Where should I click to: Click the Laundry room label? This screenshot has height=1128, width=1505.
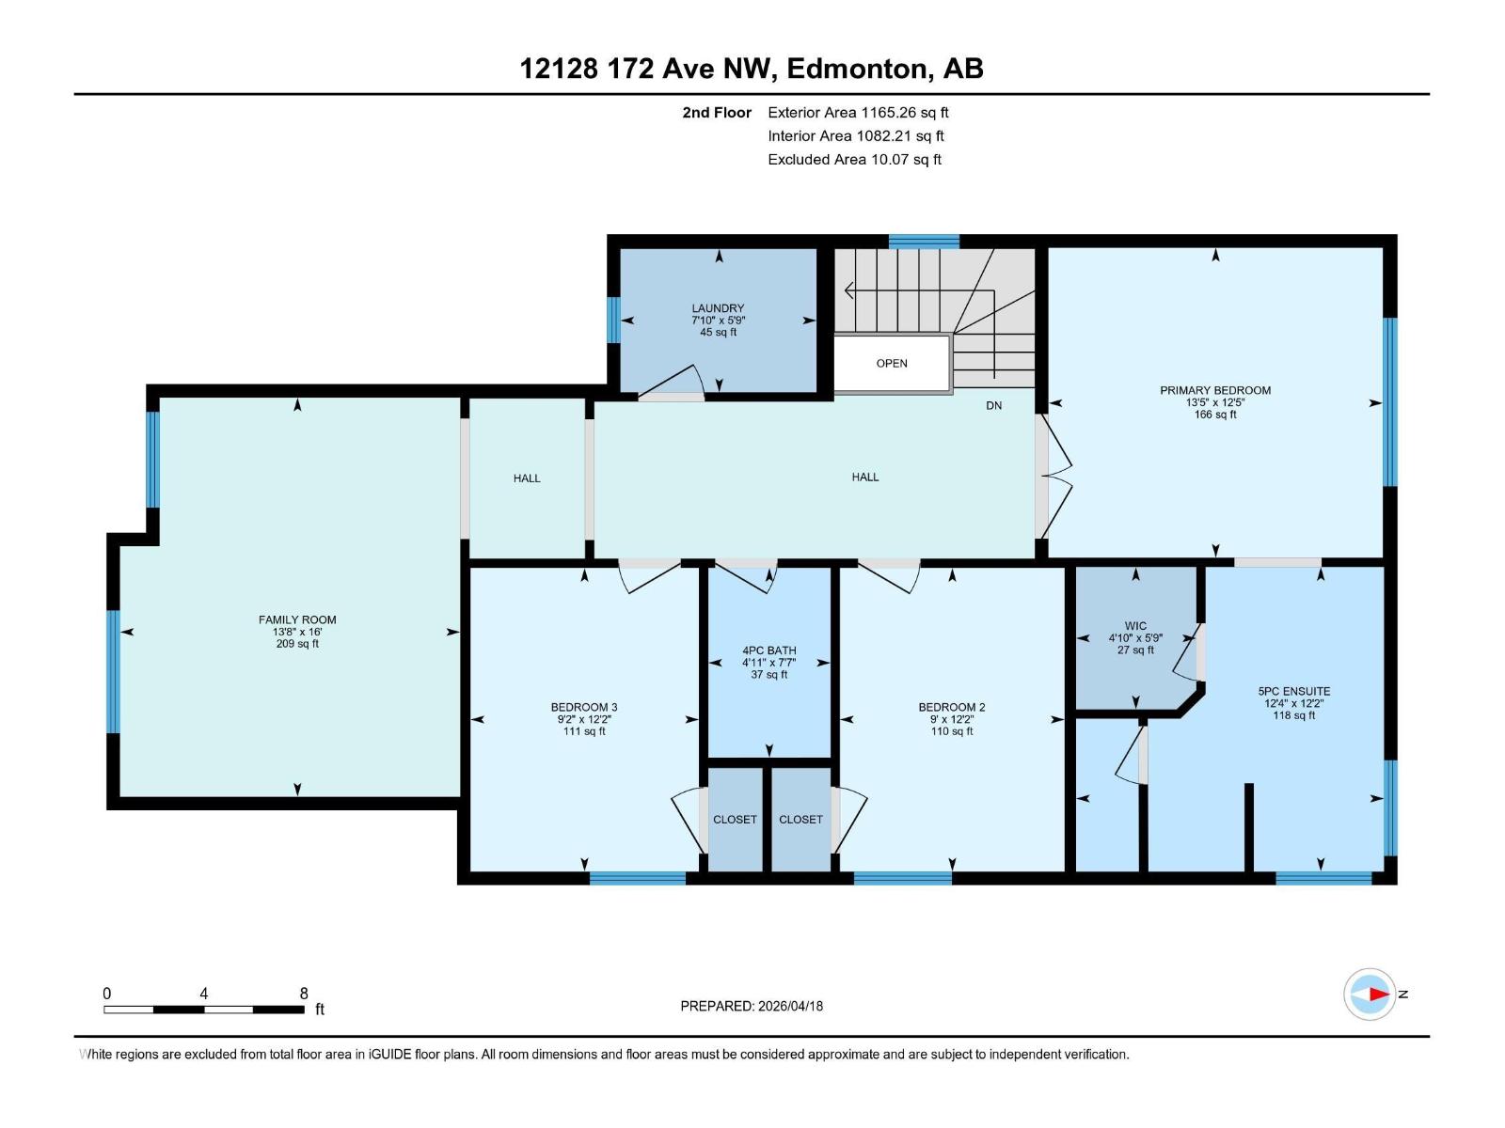coord(718,308)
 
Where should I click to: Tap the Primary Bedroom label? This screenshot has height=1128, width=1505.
coord(1215,390)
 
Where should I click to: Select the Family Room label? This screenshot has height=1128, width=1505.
coord(297,619)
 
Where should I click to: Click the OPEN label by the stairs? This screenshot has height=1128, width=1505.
coord(892,363)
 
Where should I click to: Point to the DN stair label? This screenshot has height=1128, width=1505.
coord(993,405)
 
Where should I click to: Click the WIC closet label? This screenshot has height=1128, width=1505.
coord(1135,625)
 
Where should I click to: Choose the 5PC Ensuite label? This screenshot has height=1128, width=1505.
coord(1293,691)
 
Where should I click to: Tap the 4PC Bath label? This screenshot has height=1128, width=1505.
coord(768,650)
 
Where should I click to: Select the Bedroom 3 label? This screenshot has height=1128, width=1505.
coord(584,707)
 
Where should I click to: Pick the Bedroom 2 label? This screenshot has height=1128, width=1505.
coord(952,707)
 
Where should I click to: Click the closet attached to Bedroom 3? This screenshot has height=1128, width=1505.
coord(735,819)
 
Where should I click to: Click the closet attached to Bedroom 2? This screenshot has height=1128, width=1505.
coord(800,819)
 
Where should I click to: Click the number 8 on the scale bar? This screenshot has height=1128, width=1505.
coord(304,993)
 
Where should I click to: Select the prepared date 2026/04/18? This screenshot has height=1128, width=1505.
coord(790,1006)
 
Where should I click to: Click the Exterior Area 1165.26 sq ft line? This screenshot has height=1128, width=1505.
coord(858,112)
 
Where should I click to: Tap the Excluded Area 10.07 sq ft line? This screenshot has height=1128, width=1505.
coord(854,160)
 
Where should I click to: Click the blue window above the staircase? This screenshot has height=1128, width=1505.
coord(924,241)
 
